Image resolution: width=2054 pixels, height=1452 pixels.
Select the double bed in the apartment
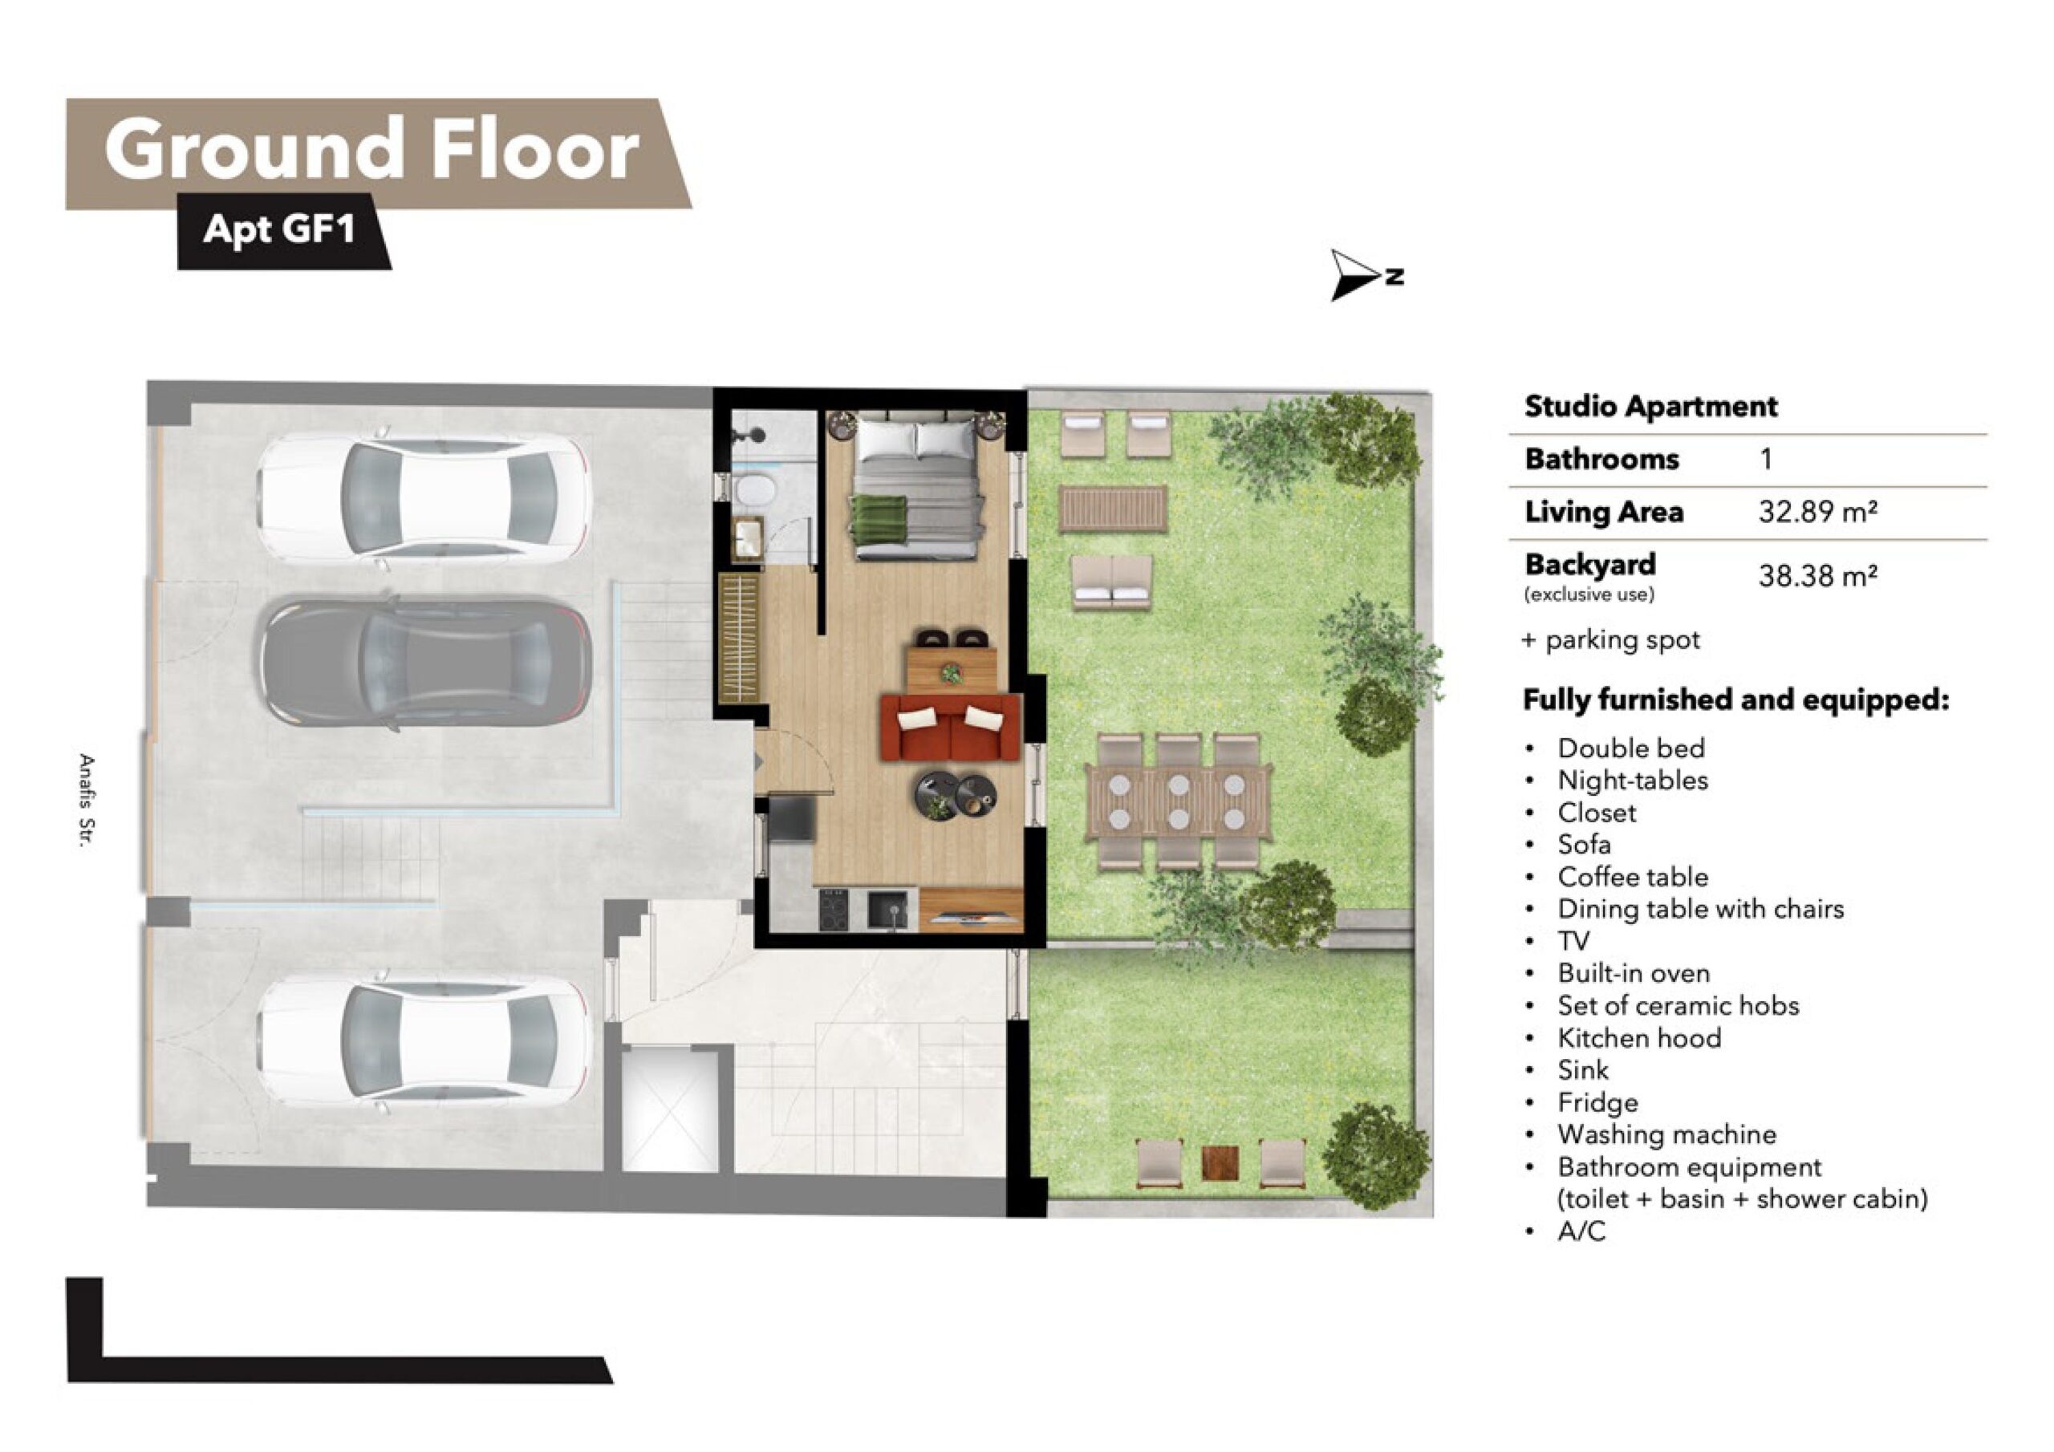(x=916, y=486)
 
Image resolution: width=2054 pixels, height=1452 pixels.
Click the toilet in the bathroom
(x=754, y=491)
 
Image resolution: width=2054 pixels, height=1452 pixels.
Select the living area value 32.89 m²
(x=1818, y=512)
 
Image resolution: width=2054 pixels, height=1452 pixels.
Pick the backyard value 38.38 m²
(x=1818, y=575)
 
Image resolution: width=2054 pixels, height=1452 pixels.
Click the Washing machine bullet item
(x=1666, y=1134)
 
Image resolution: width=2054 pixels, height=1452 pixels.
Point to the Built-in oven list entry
(x=1634, y=973)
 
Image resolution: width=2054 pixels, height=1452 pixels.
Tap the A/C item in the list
(x=1581, y=1232)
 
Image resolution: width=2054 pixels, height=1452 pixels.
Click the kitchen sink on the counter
(x=887, y=911)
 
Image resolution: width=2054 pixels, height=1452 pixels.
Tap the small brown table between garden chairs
(x=1220, y=1163)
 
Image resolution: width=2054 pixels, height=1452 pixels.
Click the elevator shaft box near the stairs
(x=670, y=1112)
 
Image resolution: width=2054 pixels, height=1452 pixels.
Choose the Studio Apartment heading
(x=1650, y=406)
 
